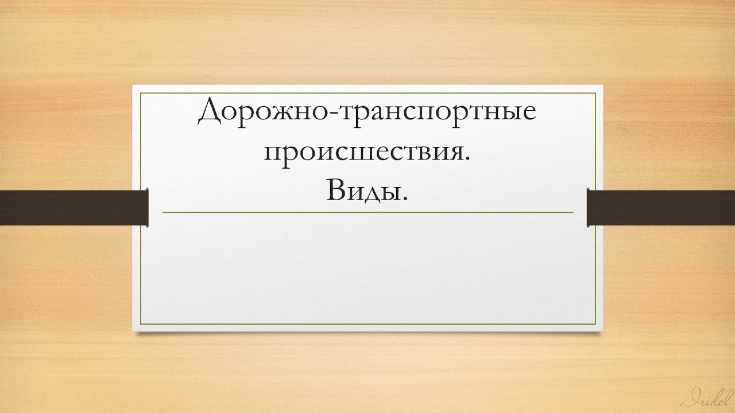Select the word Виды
[362, 189]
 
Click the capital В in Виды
[337, 189]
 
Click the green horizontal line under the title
[367, 212]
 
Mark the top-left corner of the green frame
[141, 93]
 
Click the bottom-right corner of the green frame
[595, 325]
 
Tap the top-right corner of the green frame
[595, 93]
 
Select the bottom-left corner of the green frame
[141, 325]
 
